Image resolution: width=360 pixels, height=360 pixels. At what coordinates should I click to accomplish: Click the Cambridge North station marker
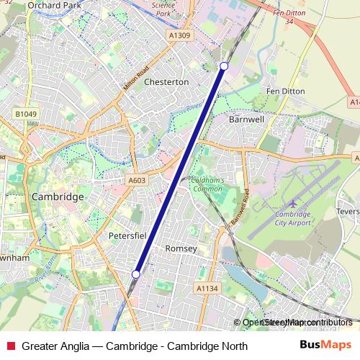tap(224, 66)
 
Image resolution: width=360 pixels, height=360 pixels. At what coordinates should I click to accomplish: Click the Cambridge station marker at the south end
tap(136, 274)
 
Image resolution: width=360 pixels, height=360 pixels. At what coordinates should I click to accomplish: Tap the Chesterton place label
tap(166, 82)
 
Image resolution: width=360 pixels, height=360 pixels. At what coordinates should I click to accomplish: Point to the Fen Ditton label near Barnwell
tap(285, 92)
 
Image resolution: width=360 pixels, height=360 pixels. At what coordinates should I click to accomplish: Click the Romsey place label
tap(181, 248)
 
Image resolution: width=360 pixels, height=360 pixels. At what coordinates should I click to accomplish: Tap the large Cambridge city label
tap(58, 197)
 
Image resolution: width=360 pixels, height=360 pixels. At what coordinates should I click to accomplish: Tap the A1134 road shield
tap(207, 288)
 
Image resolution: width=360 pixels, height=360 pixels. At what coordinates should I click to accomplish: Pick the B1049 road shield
tap(24, 114)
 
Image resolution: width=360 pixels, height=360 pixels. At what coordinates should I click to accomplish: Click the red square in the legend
tap(9, 346)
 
